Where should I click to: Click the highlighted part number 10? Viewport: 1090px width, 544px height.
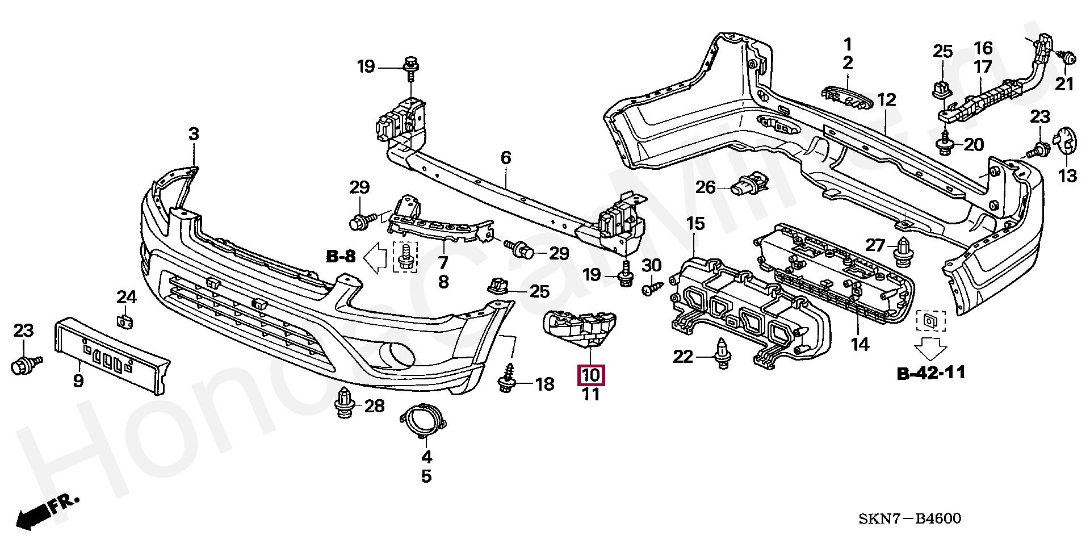(591, 375)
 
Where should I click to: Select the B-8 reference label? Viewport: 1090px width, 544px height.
(341, 257)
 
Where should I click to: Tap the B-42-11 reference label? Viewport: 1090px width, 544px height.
(931, 373)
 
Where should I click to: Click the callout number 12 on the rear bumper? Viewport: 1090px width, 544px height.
(886, 101)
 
